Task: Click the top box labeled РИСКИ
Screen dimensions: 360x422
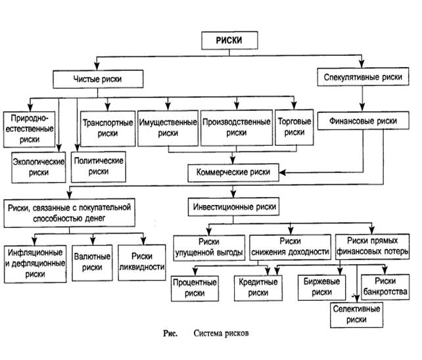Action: coord(229,40)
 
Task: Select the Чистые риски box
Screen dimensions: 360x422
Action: coord(98,80)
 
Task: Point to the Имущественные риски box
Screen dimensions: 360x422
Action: coord(168,127)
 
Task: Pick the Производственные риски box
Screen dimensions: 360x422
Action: coord(237,127)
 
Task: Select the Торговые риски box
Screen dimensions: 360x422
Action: coord(292,127)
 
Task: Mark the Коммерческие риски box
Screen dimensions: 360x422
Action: coord(234,173)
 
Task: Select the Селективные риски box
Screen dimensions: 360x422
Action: coord(355,313)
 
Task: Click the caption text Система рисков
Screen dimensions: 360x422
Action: coord(222,333)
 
